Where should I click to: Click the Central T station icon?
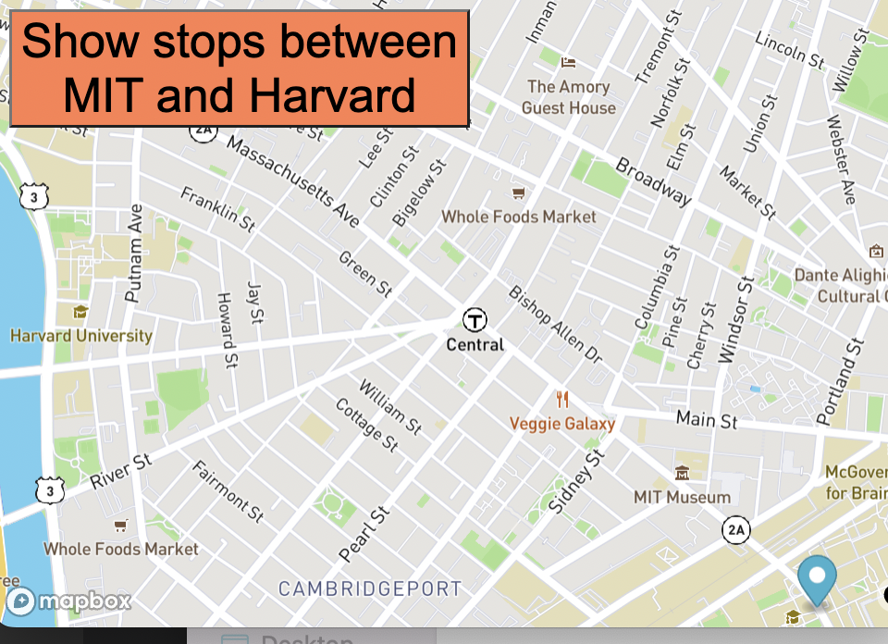click(475, 321)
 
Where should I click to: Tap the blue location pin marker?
click(816, 578)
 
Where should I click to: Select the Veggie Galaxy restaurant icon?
click(562, 400)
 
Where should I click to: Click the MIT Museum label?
click(683, 497)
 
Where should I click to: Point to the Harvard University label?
click(80, 335)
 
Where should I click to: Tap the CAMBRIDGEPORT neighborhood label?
click(369, 588)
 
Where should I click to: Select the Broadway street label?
click(653, 181)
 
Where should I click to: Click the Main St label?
click(707, 419)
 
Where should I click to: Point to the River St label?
click(120, 470)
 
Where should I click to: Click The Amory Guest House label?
click(568, 97)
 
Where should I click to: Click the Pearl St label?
click(364, 535)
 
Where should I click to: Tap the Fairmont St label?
click(228, 490)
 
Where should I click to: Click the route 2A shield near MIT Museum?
click(736, 530)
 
